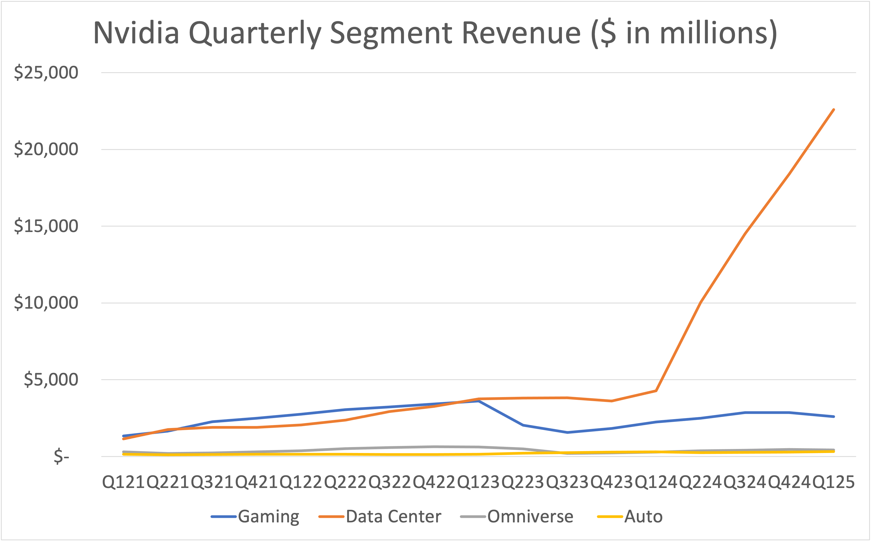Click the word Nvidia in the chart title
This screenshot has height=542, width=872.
coord(136,33)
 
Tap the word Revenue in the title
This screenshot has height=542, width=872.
coord(521,33)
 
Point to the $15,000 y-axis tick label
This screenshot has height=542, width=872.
coord(46,226)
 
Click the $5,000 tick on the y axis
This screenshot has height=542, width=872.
coord(51,380)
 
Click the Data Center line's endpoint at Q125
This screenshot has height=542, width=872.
coord(834,110)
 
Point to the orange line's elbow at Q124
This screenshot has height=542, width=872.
coord(656,391)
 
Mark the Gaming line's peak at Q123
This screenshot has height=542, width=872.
coord(479,401)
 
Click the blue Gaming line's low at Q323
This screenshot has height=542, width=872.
coord(568,432)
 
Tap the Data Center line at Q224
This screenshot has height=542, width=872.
coord(700,302)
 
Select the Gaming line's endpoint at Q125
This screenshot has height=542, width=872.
coord(834,416)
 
